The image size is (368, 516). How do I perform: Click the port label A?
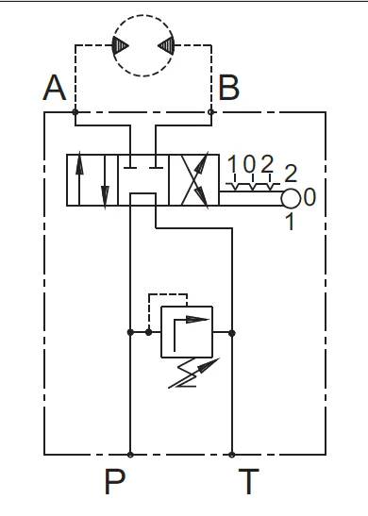coord(55,88)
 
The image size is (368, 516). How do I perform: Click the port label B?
coord(228,88)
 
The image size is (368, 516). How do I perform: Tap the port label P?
coord(115,481)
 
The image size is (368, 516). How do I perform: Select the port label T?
coord(249,481)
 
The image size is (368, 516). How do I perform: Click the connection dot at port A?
coord(75,112)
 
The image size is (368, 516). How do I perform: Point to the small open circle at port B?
coord(211,112)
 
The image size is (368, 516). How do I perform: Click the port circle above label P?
coord(130,455)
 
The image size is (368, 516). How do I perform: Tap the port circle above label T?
coord(232,455)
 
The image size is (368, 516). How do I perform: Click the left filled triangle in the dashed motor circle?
coord(120,45)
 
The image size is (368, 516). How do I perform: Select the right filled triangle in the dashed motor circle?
coord(166,45)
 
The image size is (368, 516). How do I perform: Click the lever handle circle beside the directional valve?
coord(291,199)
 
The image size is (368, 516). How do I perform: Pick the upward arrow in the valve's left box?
coord(79,178)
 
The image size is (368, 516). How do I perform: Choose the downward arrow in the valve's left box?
coord(105,182)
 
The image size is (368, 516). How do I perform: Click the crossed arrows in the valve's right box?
coord(195,180)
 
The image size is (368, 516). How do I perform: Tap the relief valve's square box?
coord(187,332)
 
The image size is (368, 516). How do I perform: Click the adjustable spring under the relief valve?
coord(192,373)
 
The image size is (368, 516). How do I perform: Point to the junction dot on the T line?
coord(232,333)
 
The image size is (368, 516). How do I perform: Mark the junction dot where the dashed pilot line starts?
coord(149,332)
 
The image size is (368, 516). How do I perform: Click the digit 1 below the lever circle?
coord(291,221)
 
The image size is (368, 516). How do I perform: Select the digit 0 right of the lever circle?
coord(309,197)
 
